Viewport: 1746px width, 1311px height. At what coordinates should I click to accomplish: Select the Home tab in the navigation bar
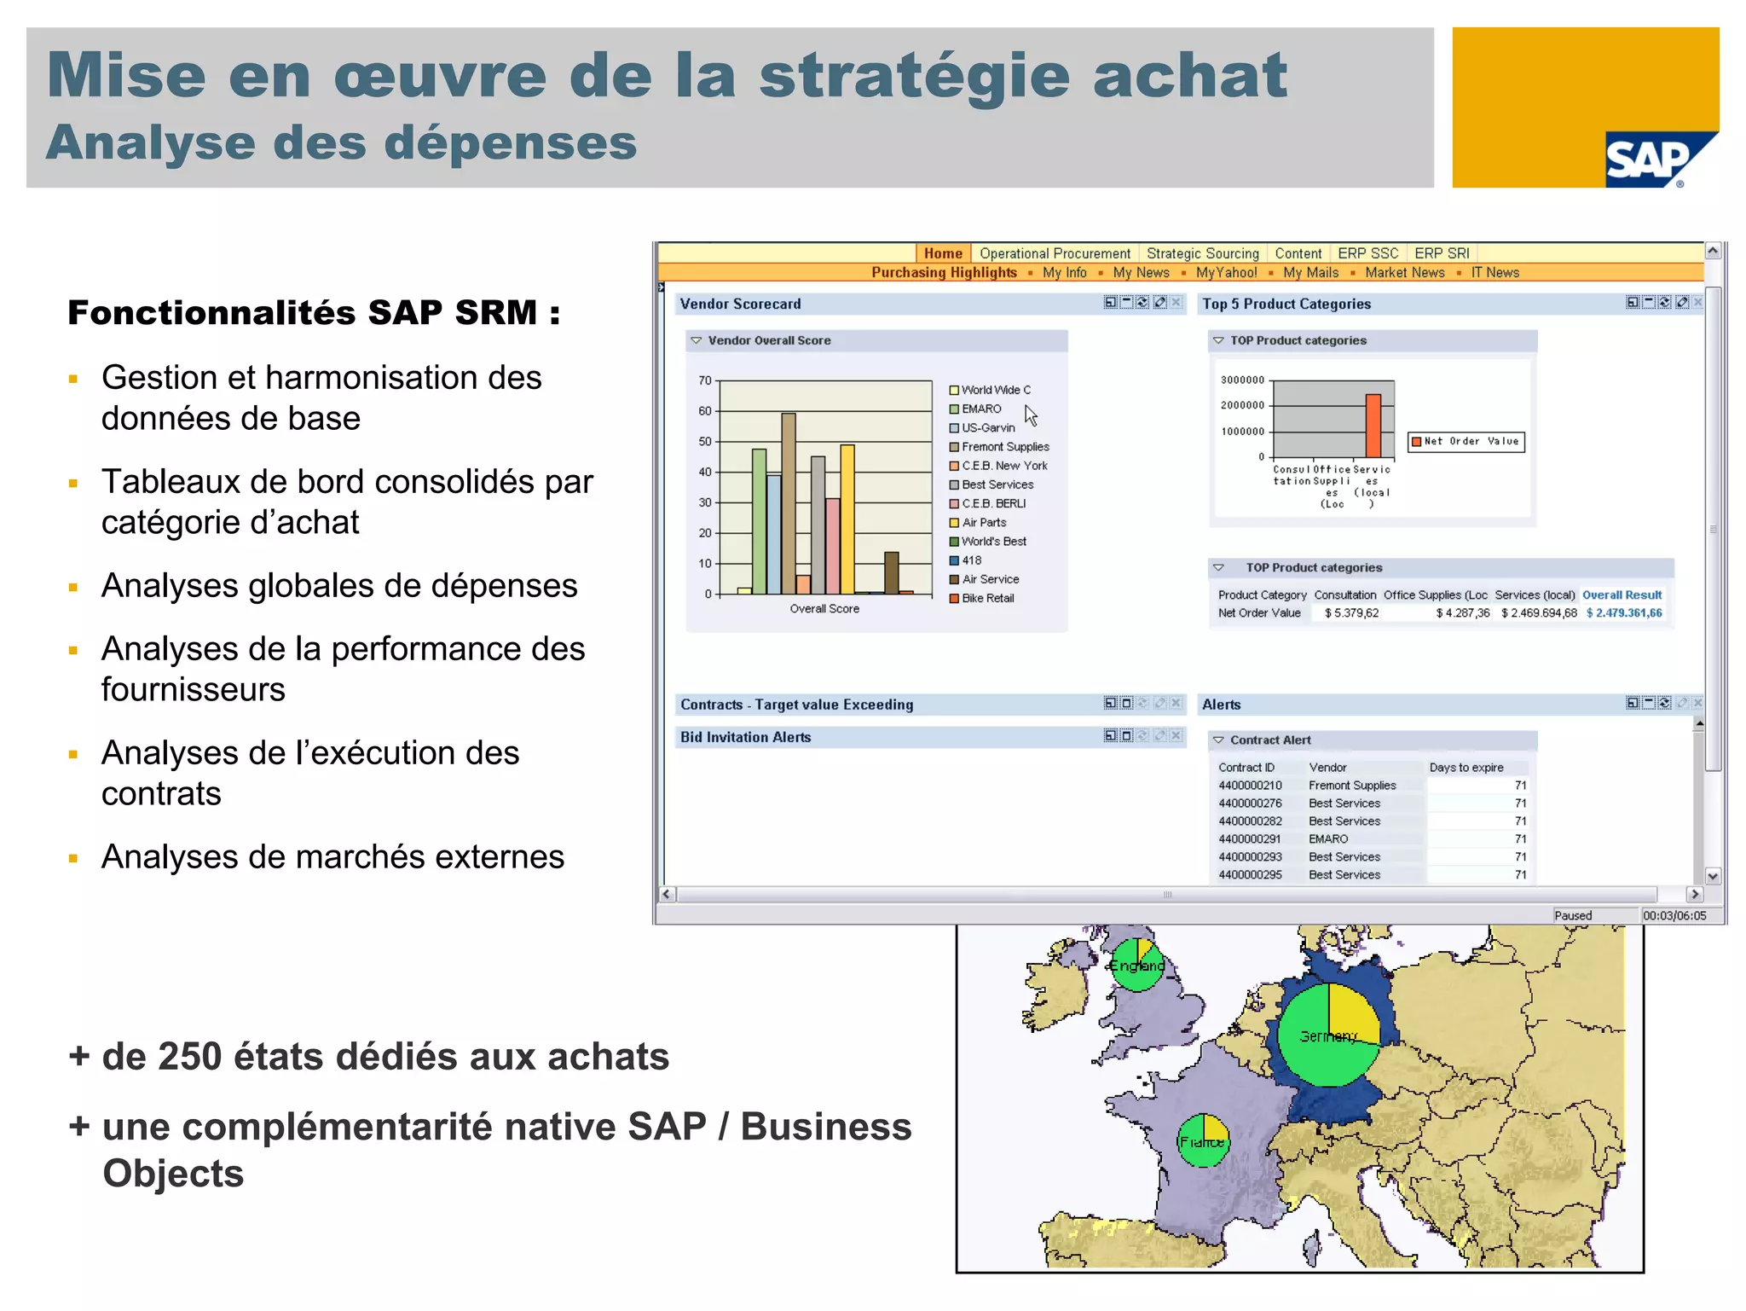[942, 253]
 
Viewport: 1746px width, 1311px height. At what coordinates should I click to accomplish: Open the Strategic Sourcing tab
[1202, 253]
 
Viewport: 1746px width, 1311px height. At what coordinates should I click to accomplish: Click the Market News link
[1404, 273]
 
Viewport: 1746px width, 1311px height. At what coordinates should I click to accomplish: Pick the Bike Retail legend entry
[987, 599]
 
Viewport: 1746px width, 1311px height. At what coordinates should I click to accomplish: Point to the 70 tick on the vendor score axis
[705, 380]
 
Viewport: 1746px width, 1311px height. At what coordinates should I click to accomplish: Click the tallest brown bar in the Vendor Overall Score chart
[789, 503]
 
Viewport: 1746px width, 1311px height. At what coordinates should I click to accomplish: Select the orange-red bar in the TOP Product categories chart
[1373, 426]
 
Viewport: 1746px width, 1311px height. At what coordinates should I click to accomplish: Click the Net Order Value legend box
[1466, 442]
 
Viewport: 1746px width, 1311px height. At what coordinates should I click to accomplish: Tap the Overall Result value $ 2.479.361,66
[1623, 613]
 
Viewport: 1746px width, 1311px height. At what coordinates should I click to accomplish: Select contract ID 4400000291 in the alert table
[1249, 839]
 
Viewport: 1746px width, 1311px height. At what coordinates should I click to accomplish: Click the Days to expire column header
[1466, 768]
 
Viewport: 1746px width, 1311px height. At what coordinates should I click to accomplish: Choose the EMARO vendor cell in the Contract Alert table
[1328, 839]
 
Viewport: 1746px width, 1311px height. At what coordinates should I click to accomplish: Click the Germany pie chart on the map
[1328, 1035]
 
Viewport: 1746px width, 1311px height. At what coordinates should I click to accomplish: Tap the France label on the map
[1202, 1142]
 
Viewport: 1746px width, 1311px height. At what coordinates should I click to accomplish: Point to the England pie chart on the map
[1136, 965]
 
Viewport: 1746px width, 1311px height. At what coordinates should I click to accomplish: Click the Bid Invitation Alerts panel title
[745, 738]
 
